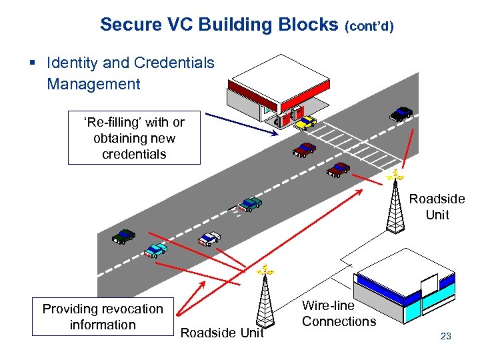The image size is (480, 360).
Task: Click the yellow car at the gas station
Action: [x=305, y=122]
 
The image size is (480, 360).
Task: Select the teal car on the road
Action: [x=250, y=203]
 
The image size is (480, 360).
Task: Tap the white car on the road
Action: [x=209, y=238]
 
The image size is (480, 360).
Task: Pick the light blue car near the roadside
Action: [x=156, y=250]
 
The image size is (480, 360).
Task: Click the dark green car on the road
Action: [x=124, y=235]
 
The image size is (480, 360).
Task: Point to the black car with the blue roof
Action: [x=401, y=113]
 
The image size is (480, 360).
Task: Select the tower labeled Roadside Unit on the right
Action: [x=396, y=203]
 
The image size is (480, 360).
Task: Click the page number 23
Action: [x=446, y=336]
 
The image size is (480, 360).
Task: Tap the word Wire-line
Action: [x=328, y=305]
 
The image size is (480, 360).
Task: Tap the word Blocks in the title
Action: [x=307, y=25]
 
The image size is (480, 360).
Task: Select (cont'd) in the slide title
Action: [x=369, y=26]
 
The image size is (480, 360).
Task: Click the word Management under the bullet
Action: [x=93, y=84]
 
